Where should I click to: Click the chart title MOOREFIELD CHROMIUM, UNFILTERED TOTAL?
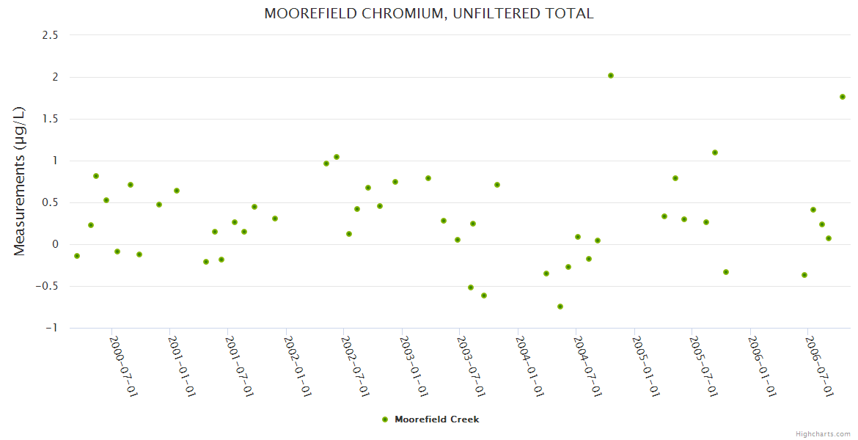tap(429, 13)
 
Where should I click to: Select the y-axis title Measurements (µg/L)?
tap(20, 181)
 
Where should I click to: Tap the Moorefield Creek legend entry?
tap(430, 419)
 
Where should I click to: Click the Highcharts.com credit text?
tap(823, 433)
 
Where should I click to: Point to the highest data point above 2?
tap(611, 76)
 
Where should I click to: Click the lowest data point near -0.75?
tap(560, 307)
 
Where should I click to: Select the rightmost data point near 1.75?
tap(843, 97)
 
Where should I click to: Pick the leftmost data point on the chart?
tap(77, 256)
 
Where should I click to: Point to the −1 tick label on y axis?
tap(51, 328)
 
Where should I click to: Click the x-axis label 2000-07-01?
tap(124, 366)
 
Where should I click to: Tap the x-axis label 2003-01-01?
tap(414, 366)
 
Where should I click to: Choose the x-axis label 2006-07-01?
tap(820, 366)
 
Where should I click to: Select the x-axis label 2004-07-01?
tap(588, 366)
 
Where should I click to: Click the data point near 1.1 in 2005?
tap(715, 153)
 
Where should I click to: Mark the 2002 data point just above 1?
tap(337, 157)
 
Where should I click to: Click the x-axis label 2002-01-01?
tap(298, 366)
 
